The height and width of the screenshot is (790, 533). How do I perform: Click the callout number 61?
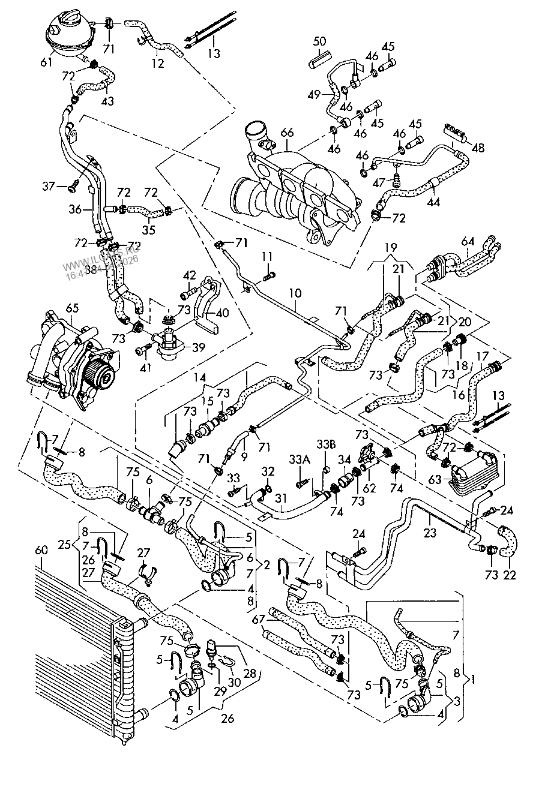point(46,62)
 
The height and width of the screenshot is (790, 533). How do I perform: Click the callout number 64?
point(467,242)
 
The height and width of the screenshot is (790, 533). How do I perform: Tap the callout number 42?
point(190,276)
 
